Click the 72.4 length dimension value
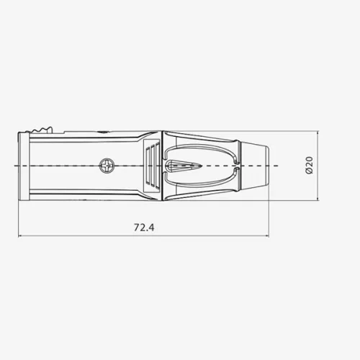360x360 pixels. pyautogui.click(x=144, y=228)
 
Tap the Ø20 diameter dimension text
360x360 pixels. pyautogui.click(x=310, y=165)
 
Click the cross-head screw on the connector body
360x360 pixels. pyautogui.click(x=107, y=166)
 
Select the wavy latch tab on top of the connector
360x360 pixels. pyautogui.click(x=41, y=130)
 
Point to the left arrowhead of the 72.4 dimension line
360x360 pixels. pyautogui.click(x=20, y=236)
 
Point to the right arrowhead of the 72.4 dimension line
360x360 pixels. pyautogui.click(x=267, y=236)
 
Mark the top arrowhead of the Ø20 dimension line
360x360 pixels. pyautogui.click(x=318, y=133)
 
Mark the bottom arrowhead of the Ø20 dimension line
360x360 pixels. pyautogui.click(x=318, y=198)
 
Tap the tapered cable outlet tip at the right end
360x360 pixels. pyautogui.click(x=255, y=166)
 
